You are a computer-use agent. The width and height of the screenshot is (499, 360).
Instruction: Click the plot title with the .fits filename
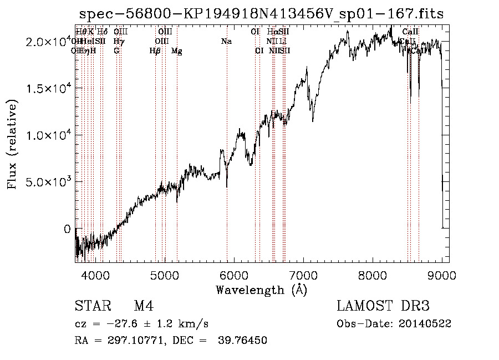tap(262, 14)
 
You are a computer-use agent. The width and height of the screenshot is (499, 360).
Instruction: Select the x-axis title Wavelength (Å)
tap(261, 290)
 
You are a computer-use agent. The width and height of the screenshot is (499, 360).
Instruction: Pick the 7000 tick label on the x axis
tap(303, 275)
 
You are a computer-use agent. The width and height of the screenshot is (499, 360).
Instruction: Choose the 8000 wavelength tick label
tap(373, 275)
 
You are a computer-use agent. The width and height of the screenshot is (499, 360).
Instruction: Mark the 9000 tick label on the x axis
tap(442, 275)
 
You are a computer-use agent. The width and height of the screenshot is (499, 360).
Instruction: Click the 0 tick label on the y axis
tap(68, 229)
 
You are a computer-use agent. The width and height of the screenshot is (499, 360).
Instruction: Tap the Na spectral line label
tap(226, 41)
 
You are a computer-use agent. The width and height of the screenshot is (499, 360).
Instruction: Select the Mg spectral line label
tap(177, 51)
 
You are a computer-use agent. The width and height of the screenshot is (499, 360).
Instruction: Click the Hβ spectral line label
tap(155, 51)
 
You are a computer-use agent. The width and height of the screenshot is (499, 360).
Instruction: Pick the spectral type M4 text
tap(144, 307)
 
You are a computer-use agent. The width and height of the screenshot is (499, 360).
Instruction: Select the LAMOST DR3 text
tap(383, 307)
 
